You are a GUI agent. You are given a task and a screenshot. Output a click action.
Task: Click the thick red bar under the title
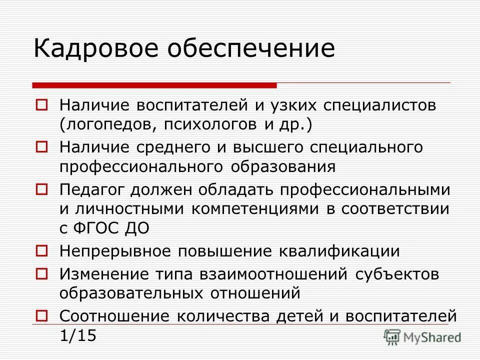154,84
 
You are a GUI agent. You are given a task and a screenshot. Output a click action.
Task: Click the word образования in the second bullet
283,166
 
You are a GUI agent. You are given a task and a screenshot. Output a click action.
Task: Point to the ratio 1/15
77,335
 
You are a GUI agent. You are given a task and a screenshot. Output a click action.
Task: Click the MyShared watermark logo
422,337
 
